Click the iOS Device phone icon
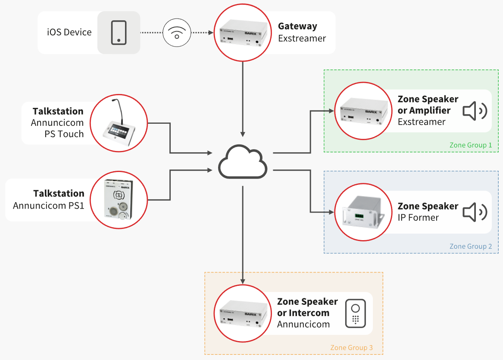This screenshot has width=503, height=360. pyautogui.click(x=119, y=33)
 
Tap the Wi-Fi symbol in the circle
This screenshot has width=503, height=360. pyautogui.click(x=177, y=33)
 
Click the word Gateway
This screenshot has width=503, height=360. pyautogui.click(x=297, y=26)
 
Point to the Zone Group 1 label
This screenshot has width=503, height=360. pyautogui.click(x=470, y=145)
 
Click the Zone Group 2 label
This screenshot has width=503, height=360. pyautogui.click(x=470, y=247)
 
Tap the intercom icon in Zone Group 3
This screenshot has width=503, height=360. pyautogui.click(x=356, y=313)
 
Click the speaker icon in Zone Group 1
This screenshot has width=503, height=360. pyautogui.click(x=475, y=111)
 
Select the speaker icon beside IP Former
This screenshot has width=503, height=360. pyautogui.click(x=475, y=212)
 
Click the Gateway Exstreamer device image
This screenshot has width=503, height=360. pyautogui.click(x=243, y=33)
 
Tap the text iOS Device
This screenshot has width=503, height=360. pyautogui.click(x=69, y=32)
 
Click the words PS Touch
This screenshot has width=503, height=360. pyautogui.click(x=64, y=134)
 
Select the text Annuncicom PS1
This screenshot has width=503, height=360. pyautogui.click(x=49, y=205)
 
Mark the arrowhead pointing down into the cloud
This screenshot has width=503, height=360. pyautogui.click(x=243, y=134)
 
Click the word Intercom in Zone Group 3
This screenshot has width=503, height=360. pyautogui.click(x=309, y=313)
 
